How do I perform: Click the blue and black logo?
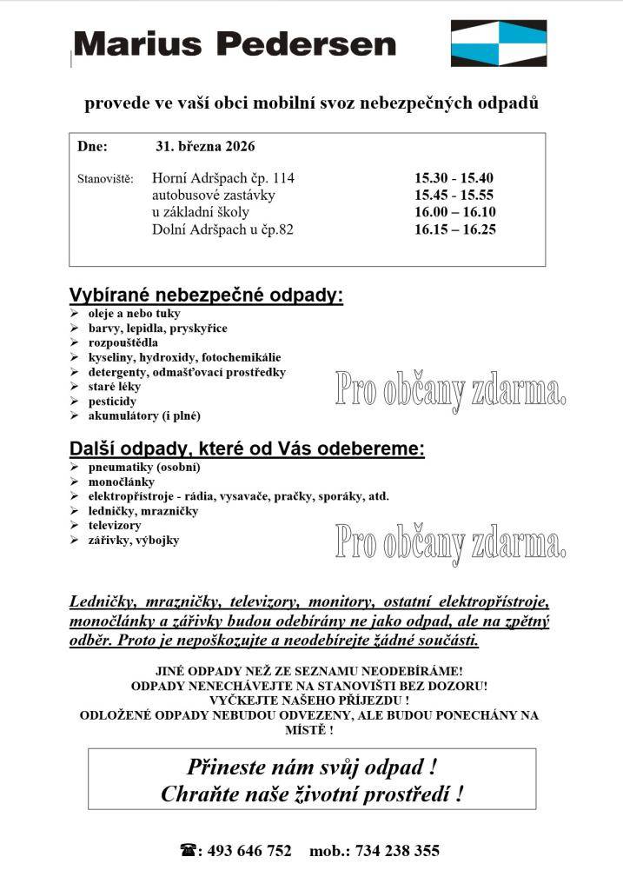[x=498, y=43]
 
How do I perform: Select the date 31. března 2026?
[x=206, y=146]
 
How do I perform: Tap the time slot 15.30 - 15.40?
[x=454, y=178]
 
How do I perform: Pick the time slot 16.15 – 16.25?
[x=454, y=229]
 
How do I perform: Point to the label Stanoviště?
[x=105, y=179]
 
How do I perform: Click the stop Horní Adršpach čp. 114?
[x=223, y=178]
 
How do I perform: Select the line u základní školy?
[x=201, y=212]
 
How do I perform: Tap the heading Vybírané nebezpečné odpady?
[x=206, y=296]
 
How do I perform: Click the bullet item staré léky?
[x=114, y=387]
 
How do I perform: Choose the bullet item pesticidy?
[x=112, y=402]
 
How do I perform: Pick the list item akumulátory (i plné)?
[x=144, y=416]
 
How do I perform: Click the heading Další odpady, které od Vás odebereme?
[x=247, y=449]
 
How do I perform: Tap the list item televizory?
[x=115, y=526]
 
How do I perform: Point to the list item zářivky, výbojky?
[x=134, y=541]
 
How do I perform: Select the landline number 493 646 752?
[x=250, y=851]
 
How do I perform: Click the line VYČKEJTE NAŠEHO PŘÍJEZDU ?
[x=309, y=699]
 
